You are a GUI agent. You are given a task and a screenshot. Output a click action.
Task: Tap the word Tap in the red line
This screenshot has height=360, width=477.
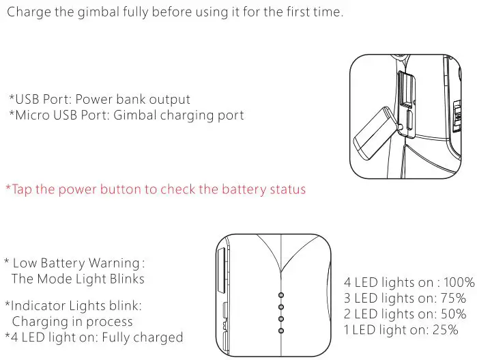(x=22, y=189)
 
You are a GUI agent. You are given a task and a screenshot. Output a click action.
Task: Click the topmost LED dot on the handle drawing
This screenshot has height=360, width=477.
(x=281, y=296)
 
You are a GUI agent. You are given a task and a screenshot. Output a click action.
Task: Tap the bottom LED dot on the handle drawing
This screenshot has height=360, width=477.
(x=281, y=331)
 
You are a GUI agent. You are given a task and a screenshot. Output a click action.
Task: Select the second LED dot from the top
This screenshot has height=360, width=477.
(x=281, y=307)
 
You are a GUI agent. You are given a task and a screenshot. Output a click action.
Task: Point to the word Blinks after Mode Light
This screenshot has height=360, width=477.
(x=126, y=279)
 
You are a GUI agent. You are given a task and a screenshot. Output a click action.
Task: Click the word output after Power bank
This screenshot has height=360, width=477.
(x=170, y=99)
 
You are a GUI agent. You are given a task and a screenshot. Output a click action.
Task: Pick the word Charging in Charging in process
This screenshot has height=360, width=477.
(x=35, y=321)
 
